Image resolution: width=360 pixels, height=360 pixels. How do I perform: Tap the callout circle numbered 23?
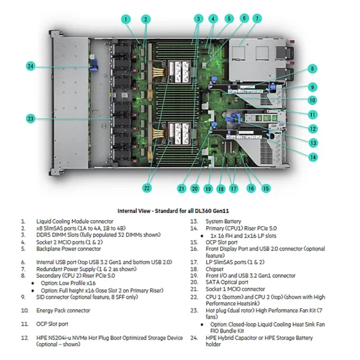tap(31, 118)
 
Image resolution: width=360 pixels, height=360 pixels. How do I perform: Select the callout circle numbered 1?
tap(126, 19)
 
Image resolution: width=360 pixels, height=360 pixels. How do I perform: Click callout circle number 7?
tap(256, 18)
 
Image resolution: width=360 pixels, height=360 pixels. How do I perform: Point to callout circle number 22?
tap(146, 188)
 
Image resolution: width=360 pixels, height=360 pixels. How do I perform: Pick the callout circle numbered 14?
tap(313, 157)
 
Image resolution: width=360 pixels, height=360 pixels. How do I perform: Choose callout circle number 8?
tap(312, 68)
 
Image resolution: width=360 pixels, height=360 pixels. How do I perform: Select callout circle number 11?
tap(313, 114)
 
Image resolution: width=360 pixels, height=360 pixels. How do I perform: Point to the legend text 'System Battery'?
tap(224, 221)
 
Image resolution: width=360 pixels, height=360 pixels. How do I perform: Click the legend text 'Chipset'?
tap(215, 269)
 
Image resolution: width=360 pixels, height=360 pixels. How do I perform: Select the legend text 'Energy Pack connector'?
tap(63, 310)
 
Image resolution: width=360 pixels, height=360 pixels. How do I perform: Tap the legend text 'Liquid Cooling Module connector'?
tap(75, 221)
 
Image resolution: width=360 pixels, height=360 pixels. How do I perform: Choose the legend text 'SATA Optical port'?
tap(227, 282)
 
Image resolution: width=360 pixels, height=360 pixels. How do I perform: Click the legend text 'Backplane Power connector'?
tap(68, 248)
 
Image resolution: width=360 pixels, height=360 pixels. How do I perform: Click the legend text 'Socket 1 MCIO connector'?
tap(235, 289)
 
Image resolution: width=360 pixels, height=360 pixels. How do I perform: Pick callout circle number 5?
tap(227, 18)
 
